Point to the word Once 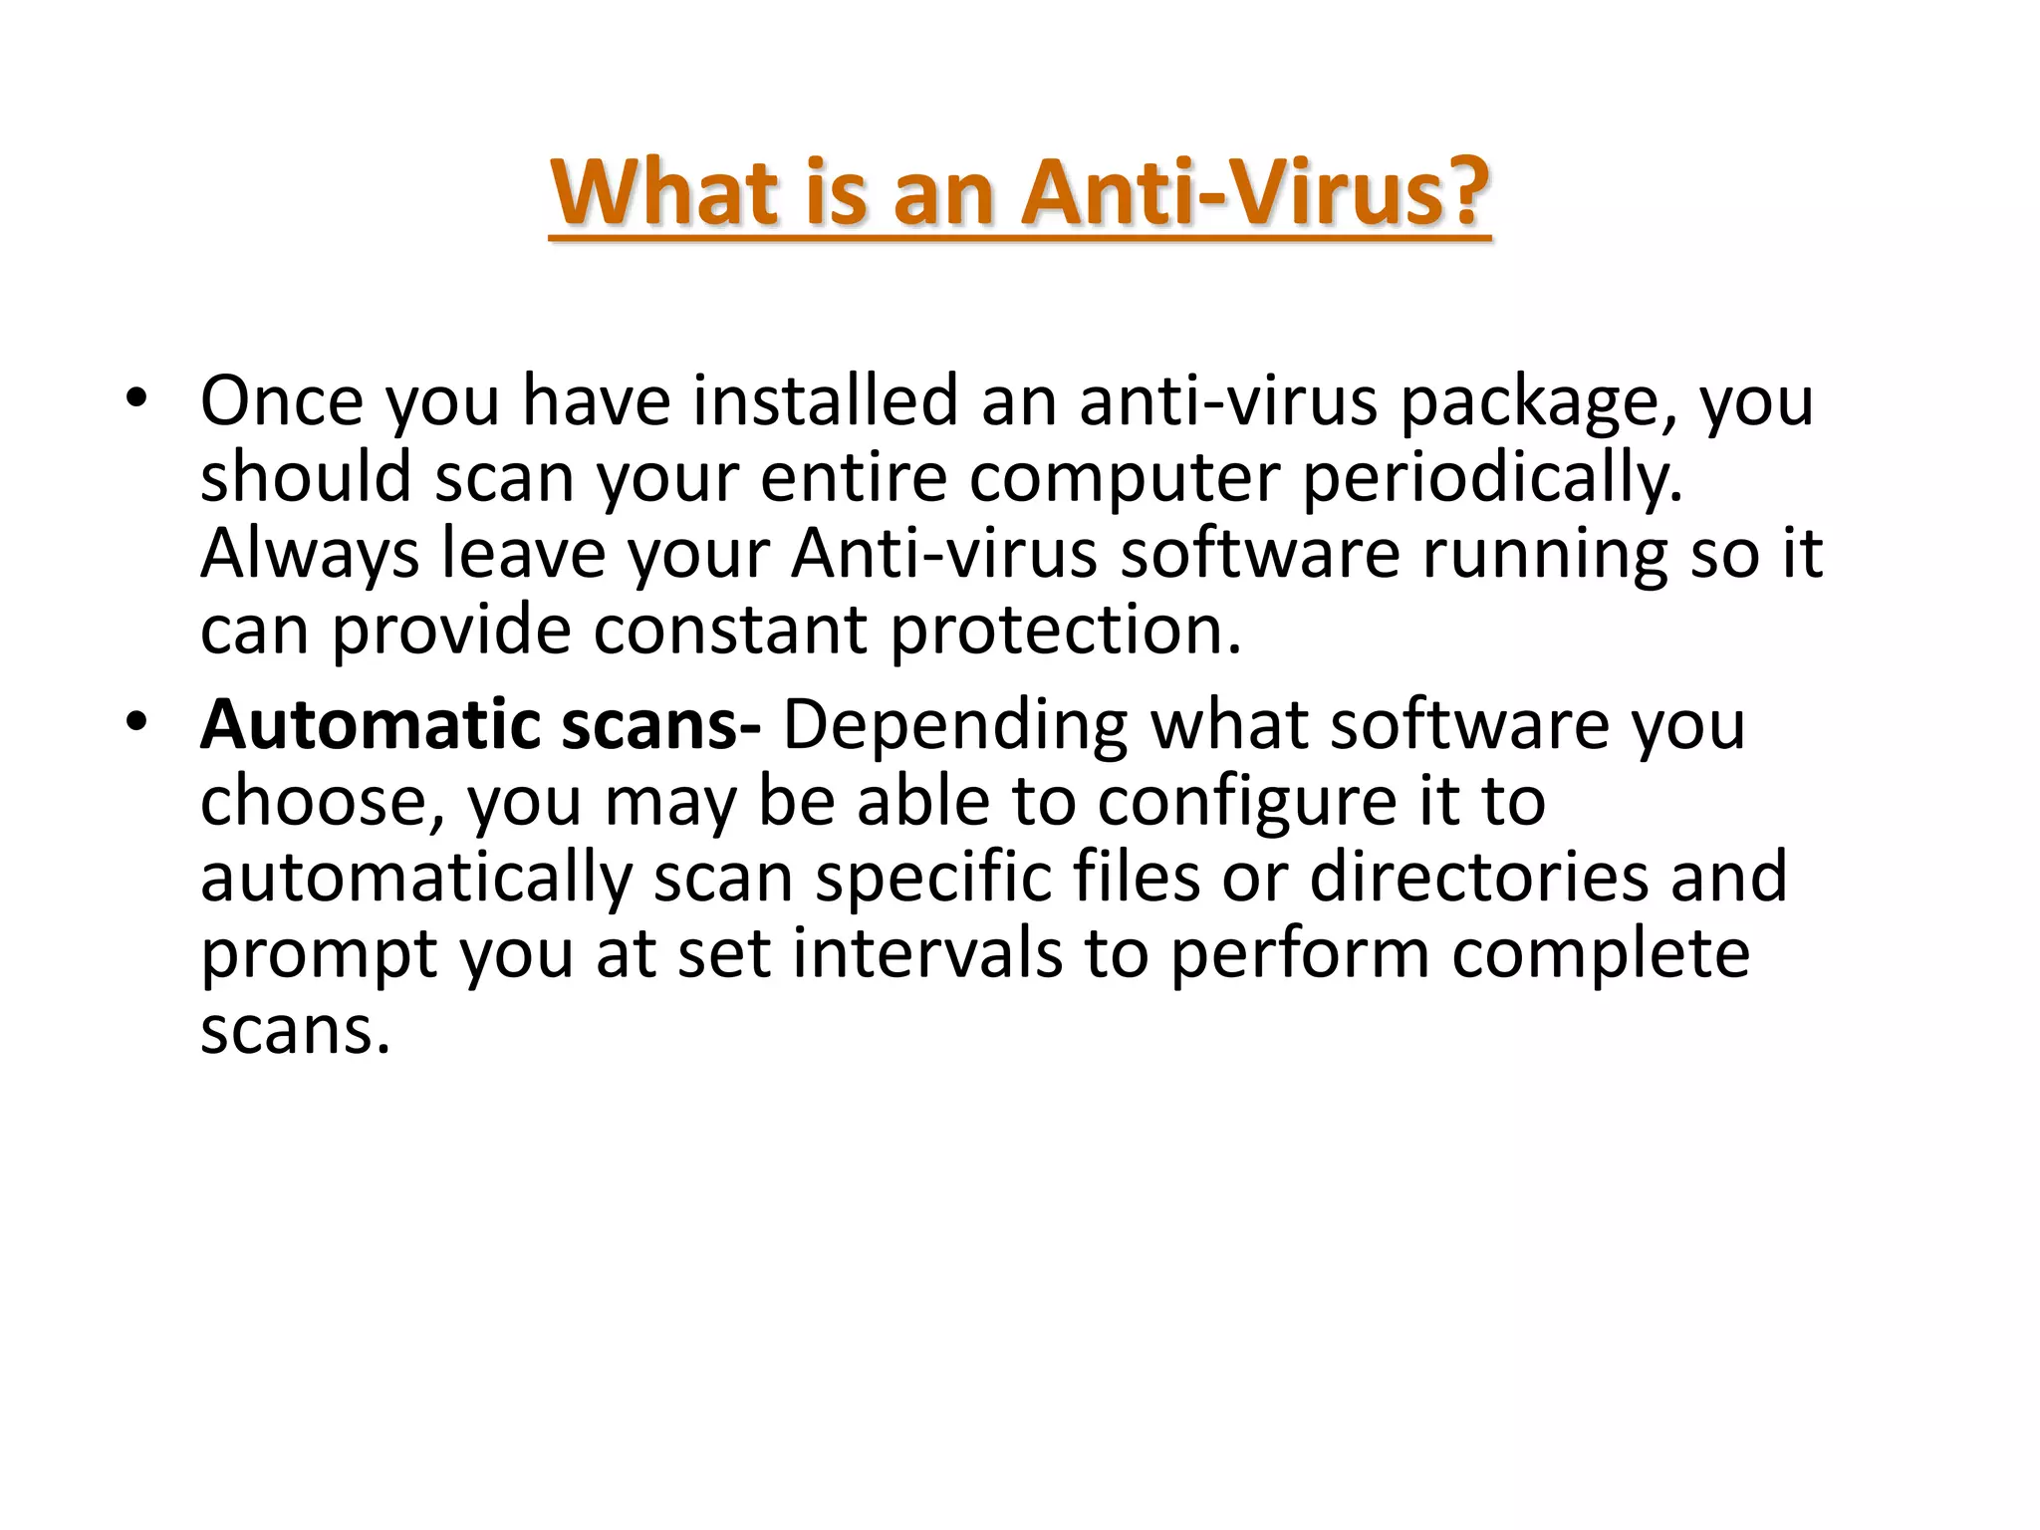(282, 401)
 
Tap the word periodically (1491, 479)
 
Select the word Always (310, 555)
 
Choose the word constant (730, 631)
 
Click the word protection (1065, 633)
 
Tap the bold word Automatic (370, 725)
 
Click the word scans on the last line (294, 1031)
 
